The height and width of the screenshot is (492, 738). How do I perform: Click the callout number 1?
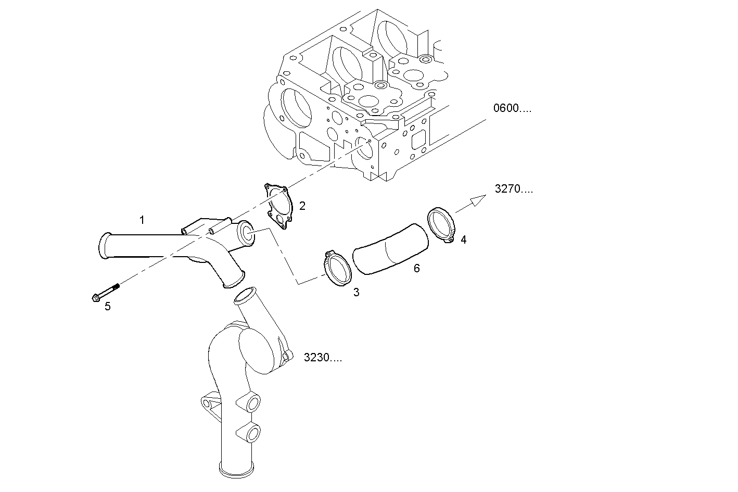[142, 220]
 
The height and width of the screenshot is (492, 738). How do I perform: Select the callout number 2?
[302, 206]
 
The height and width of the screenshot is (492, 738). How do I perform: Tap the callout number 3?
[356, 293]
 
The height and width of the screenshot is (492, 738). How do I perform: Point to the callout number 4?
[463, 239]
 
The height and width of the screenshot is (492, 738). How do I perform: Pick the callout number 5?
[107, 306]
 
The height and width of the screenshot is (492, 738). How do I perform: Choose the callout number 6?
[416, 269]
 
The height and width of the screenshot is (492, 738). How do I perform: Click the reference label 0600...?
[512, 108]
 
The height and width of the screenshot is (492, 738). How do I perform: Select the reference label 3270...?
[514, 189]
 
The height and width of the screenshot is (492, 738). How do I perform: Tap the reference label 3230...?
[323, 358]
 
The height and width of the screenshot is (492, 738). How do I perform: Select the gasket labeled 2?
[278, 206]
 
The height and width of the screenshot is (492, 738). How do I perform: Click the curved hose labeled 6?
[390, 248]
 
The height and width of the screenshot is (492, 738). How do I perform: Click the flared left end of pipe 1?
[104, 246]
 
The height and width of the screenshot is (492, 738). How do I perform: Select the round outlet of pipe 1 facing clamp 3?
[246, 234]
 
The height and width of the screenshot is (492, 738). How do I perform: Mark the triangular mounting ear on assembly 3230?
[208, 403]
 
